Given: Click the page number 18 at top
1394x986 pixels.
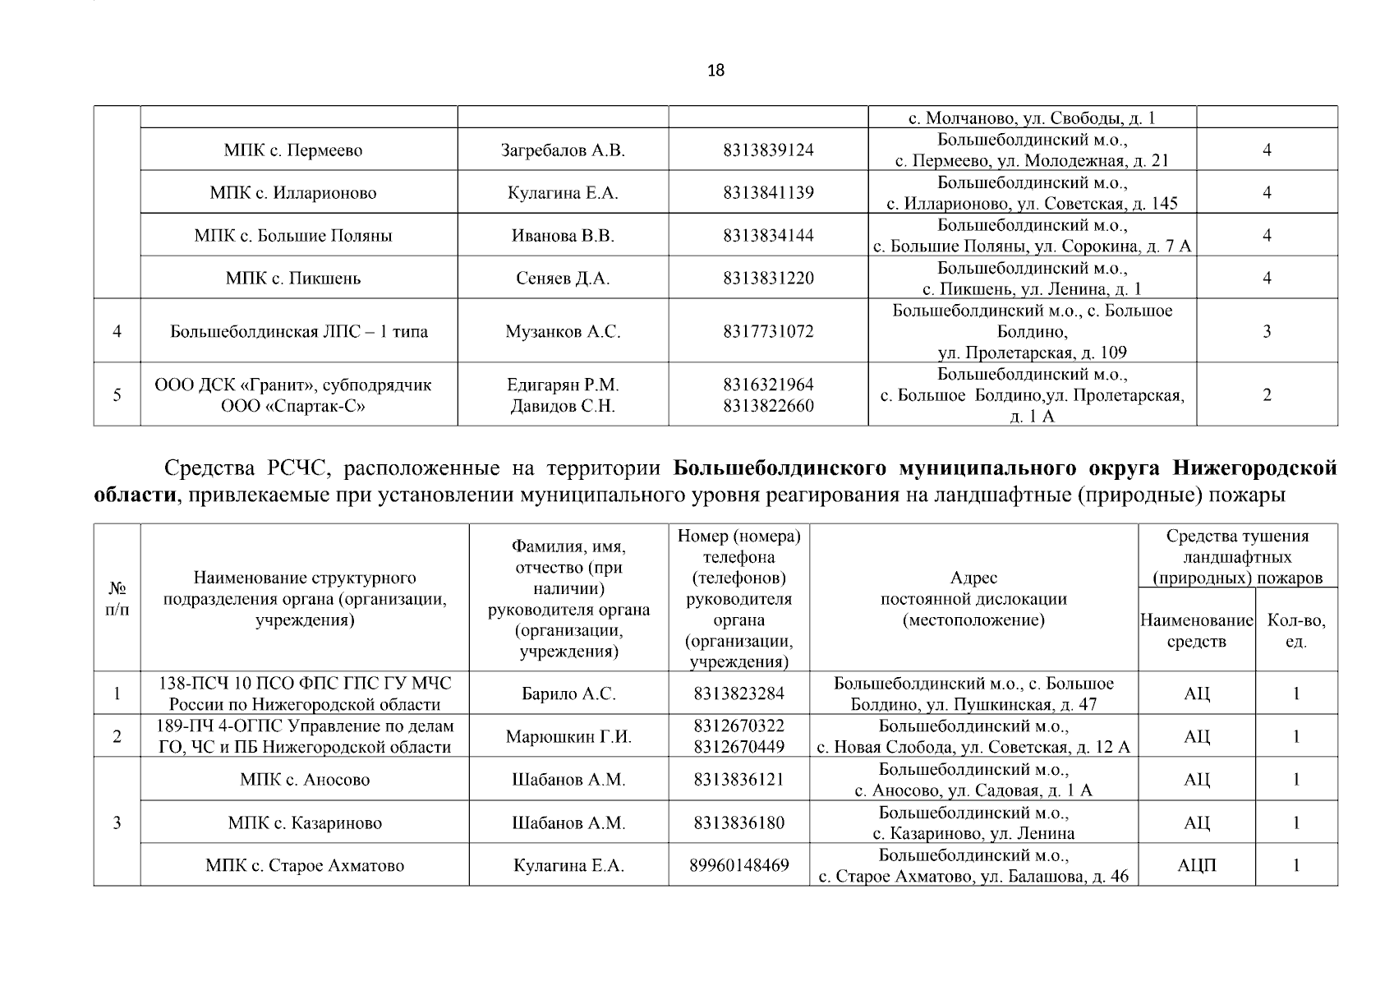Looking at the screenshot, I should tap(715, 71).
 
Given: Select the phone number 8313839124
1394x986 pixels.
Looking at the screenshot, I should tap(768, 150).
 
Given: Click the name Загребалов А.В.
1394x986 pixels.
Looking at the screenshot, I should tap(563, 150).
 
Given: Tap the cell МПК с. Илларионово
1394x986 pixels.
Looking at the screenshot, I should tap(293, 193).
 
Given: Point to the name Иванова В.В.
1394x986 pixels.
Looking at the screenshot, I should tap(563, 236).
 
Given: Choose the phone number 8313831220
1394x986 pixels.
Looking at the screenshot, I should tap(768, 279).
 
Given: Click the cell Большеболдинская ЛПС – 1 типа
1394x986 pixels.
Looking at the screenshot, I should tap(299, 332).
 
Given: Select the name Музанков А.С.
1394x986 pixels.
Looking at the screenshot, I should tap(563, 332).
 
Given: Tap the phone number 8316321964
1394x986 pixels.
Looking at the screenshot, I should tap(768, 385).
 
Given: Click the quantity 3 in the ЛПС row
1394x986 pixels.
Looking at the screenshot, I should tap(1267, 332).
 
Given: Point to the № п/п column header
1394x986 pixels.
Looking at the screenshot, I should tap(117, 599).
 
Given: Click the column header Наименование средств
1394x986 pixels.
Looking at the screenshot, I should tap(1196, 631).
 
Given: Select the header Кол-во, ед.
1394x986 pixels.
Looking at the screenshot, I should tap(1296, 631).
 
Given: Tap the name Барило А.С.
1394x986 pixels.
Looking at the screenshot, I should tap(568, 694).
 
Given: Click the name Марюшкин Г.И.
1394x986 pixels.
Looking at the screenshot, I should tap(568, 737).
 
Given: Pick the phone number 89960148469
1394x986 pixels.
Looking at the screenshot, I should tap(738, 865).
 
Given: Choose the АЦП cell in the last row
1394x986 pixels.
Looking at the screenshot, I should tap(1196, 865).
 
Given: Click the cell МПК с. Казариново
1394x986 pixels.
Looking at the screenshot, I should tap(305, 823).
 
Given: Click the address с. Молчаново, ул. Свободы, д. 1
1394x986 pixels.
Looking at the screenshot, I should tap(1032, 118).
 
